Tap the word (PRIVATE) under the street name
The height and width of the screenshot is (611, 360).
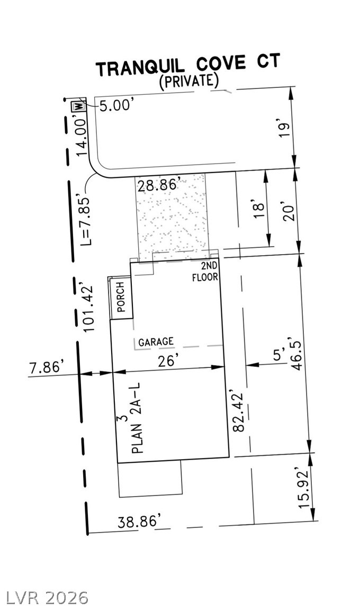pyautogui.click(x=190, y=81)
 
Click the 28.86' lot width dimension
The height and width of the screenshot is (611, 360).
pyautogui.click(x=158, y=186)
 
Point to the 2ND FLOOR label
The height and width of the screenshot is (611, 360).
pyautogui.click(x=206, y=271)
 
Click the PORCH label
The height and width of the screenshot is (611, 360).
pyautogui.click(x=120, y=298)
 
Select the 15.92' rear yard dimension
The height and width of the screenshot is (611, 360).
pyautogui.click(x=303, y=488)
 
